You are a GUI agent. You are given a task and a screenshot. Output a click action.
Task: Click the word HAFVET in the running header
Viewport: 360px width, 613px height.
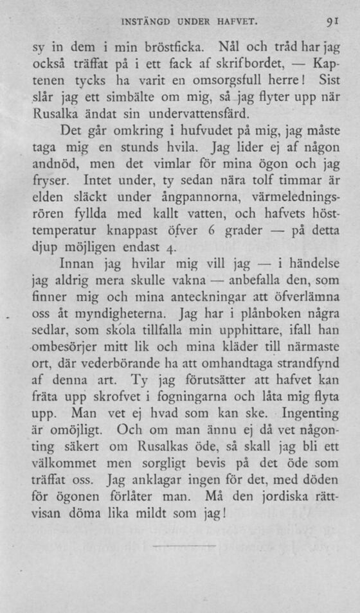point(234,23)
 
